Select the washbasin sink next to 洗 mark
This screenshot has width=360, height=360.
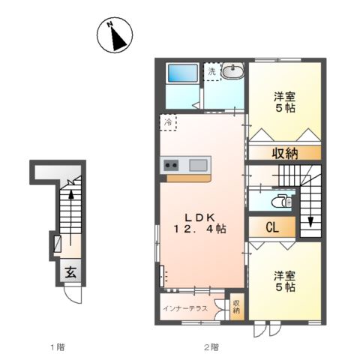232,73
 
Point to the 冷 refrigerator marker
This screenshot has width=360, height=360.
166,121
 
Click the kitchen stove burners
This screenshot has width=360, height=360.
171,165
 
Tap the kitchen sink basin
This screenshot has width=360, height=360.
199,165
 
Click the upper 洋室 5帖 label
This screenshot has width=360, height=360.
283,101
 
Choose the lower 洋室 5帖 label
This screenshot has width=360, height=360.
283,281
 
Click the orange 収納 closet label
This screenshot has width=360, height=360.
285,153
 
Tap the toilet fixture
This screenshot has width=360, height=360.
280,201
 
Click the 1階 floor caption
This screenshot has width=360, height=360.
58,346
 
